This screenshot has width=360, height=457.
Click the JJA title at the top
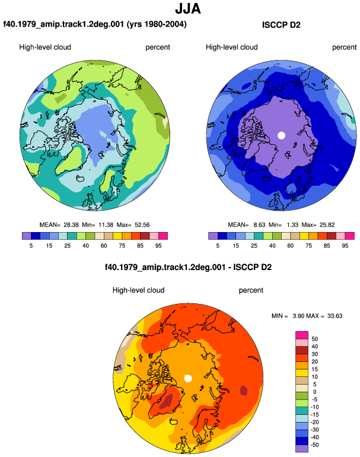click(x=188, y=9)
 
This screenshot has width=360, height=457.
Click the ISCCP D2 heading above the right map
click(x=281, y=25)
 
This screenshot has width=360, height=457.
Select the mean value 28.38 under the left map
click(x=71, y=225)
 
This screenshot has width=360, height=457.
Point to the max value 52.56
click(x=142, y=225)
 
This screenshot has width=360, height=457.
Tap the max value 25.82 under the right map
click(x=327, y=225)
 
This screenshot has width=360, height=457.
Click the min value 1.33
click(x=292, y=225)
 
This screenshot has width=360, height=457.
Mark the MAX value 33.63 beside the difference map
click(x=335, y=316)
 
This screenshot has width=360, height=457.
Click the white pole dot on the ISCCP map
click(x=281, y=135)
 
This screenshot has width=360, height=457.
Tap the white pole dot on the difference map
click(x=188, y=379)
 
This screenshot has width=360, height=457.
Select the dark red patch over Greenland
click(x=165, y=401)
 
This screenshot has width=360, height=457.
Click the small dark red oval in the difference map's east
click(x=244, y=391)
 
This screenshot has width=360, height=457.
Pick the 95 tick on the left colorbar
click(x=158, y=246)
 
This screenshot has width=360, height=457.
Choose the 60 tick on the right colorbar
click(x=291, y=246)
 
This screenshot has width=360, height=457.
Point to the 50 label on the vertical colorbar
click(x=314, y=339)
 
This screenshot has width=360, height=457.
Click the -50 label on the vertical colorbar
click(x=314, y=445)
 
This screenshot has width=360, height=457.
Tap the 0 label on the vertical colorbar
click(x=314, y=392)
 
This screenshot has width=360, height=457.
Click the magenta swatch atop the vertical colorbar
click(x=302, y=335)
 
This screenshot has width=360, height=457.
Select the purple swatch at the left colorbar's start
click(x=27, y=236)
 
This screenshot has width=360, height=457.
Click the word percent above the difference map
click(x=251, y=290)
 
